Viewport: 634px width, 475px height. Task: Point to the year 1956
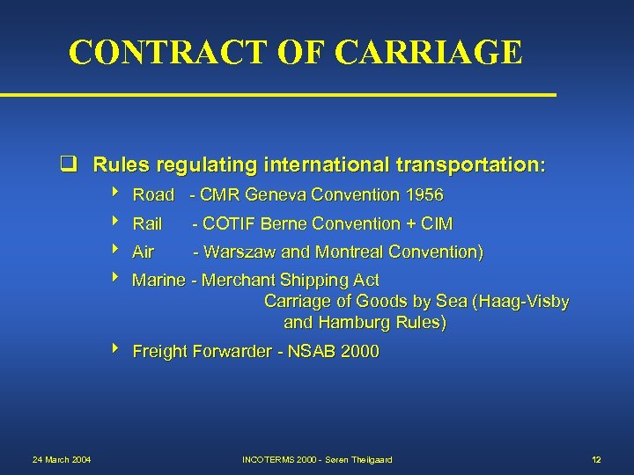coord(424,194)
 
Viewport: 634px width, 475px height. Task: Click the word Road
coord(153,194)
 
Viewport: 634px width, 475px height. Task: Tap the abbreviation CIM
coord(436,223)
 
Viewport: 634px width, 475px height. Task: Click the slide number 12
coord(596,459)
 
